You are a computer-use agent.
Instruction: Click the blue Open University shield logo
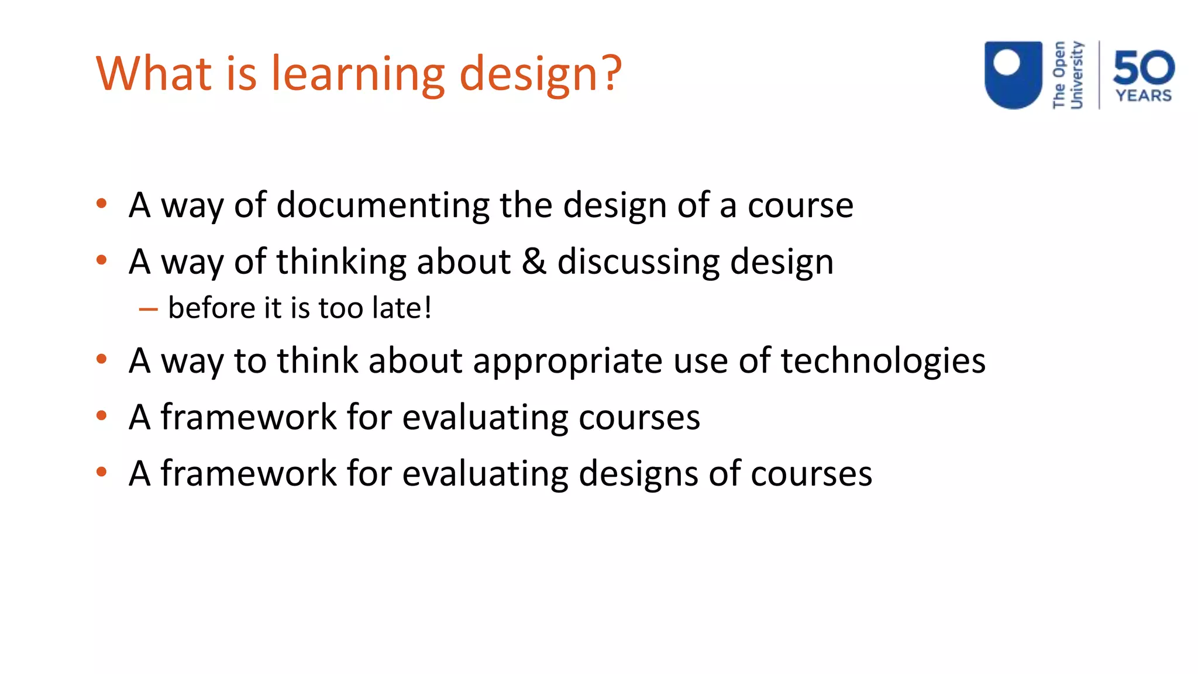[x=1013, y=74]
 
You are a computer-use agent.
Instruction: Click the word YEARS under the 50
[x=1144, y=95]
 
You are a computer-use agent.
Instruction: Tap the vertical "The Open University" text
[x=1068, y=75]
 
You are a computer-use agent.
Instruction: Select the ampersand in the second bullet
[x=533, y=261]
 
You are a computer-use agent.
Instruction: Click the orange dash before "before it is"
[x=148, y=309]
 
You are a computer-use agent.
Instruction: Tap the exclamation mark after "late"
[x=428, y=308]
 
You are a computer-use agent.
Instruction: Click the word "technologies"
[x=883, y=360]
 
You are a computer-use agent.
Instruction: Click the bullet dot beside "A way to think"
[x=102, y=359]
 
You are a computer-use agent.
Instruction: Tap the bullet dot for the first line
[x=102, y=204]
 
